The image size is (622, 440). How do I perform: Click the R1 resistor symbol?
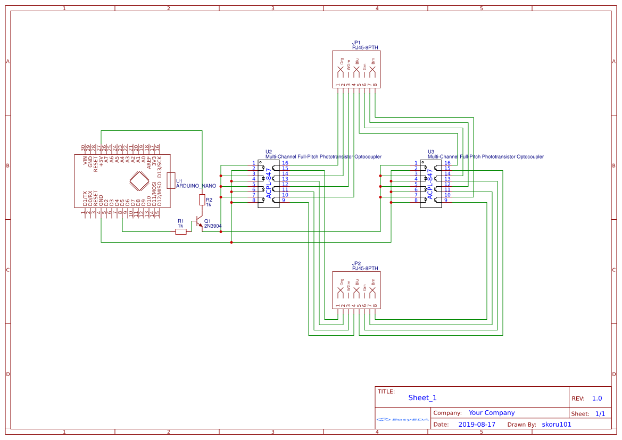click(181, 231)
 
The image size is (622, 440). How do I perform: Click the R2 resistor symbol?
click(202, 200)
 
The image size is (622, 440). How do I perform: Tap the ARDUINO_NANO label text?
click(196, 186)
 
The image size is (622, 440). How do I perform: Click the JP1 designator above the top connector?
click(356, 43)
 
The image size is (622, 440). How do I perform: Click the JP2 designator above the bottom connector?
click(356, 263)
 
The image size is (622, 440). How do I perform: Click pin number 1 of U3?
click(416, 163)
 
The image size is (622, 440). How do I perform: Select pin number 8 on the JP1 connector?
click(375, 85)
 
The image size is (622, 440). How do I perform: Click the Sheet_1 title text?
click(422, 397)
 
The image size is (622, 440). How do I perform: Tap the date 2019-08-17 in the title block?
click(476, 425)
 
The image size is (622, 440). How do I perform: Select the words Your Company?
click(492, 413)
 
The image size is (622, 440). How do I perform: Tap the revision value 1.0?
click(597, 398)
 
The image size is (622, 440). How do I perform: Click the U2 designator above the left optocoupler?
click(269, 152)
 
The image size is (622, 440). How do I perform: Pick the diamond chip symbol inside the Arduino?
click(139, 181)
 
